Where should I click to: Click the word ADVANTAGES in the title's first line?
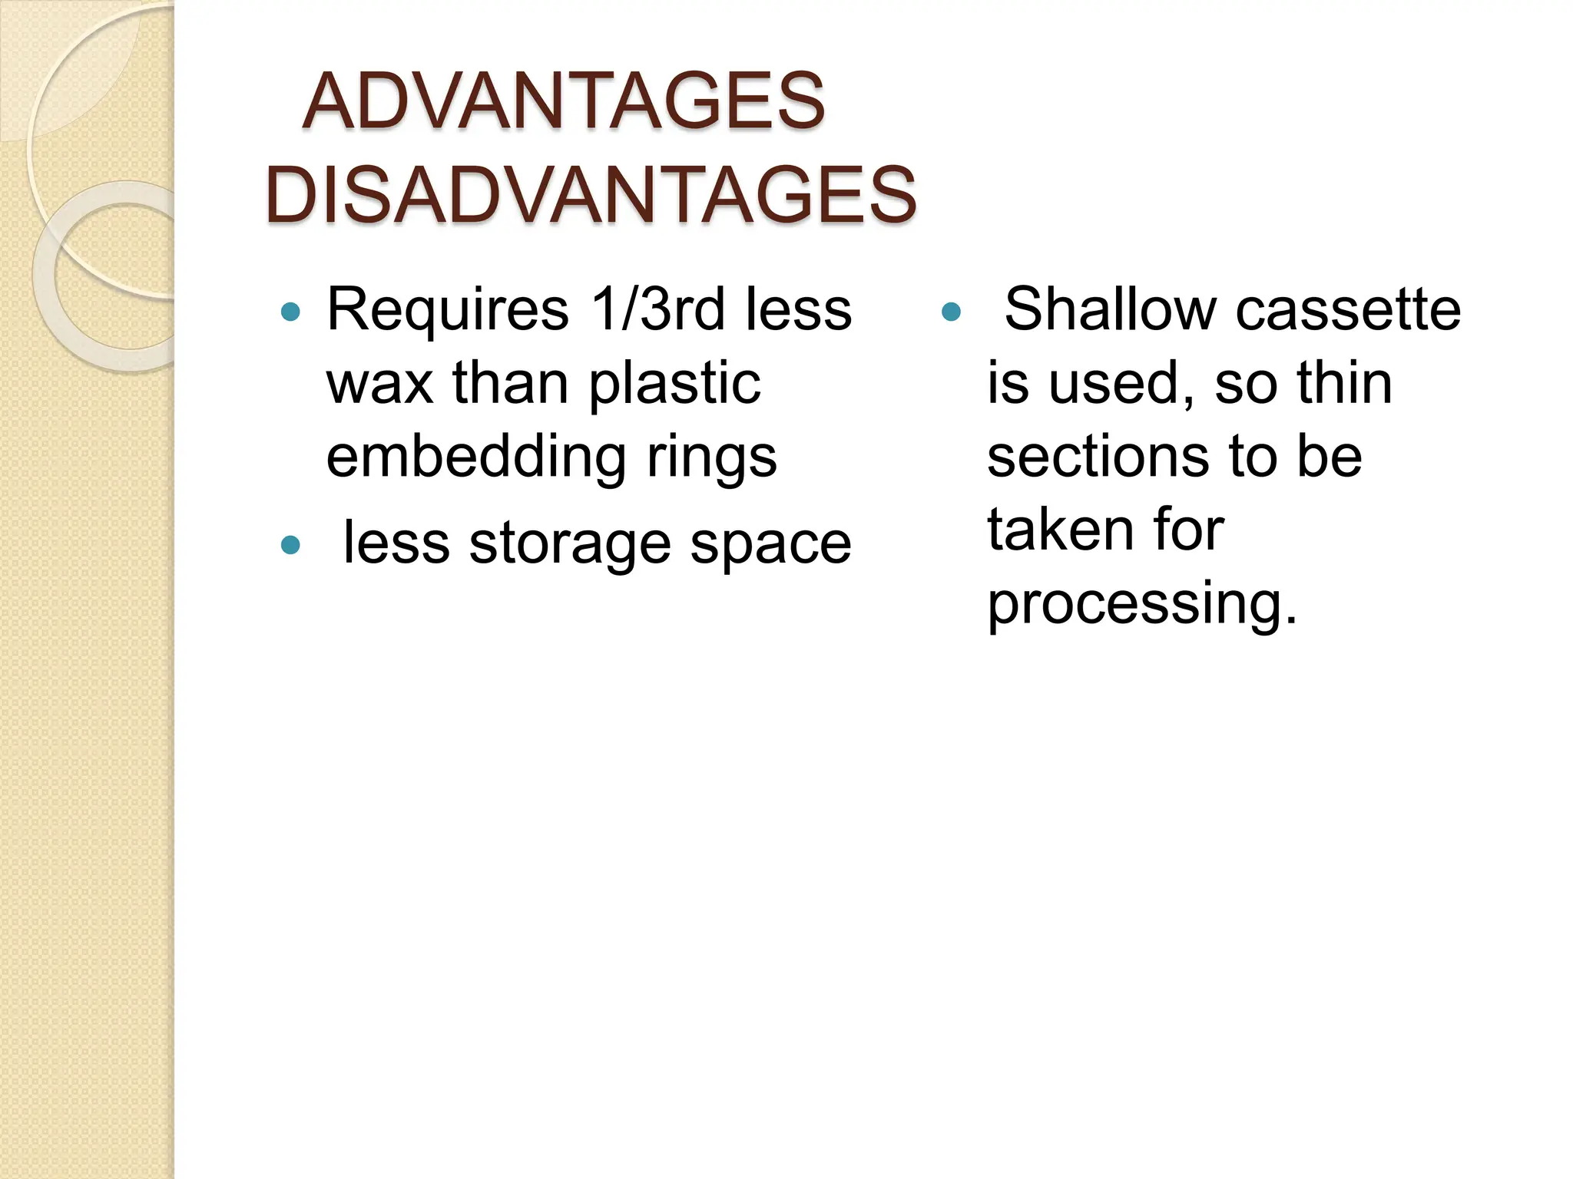(563, 101)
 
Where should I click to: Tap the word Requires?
(448, 310)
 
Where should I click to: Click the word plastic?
(674, 383)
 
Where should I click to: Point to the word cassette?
(1348, 310)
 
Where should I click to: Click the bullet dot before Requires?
(290, 312)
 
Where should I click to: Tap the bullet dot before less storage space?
(290, 545)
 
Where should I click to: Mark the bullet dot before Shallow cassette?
(951, 312)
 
